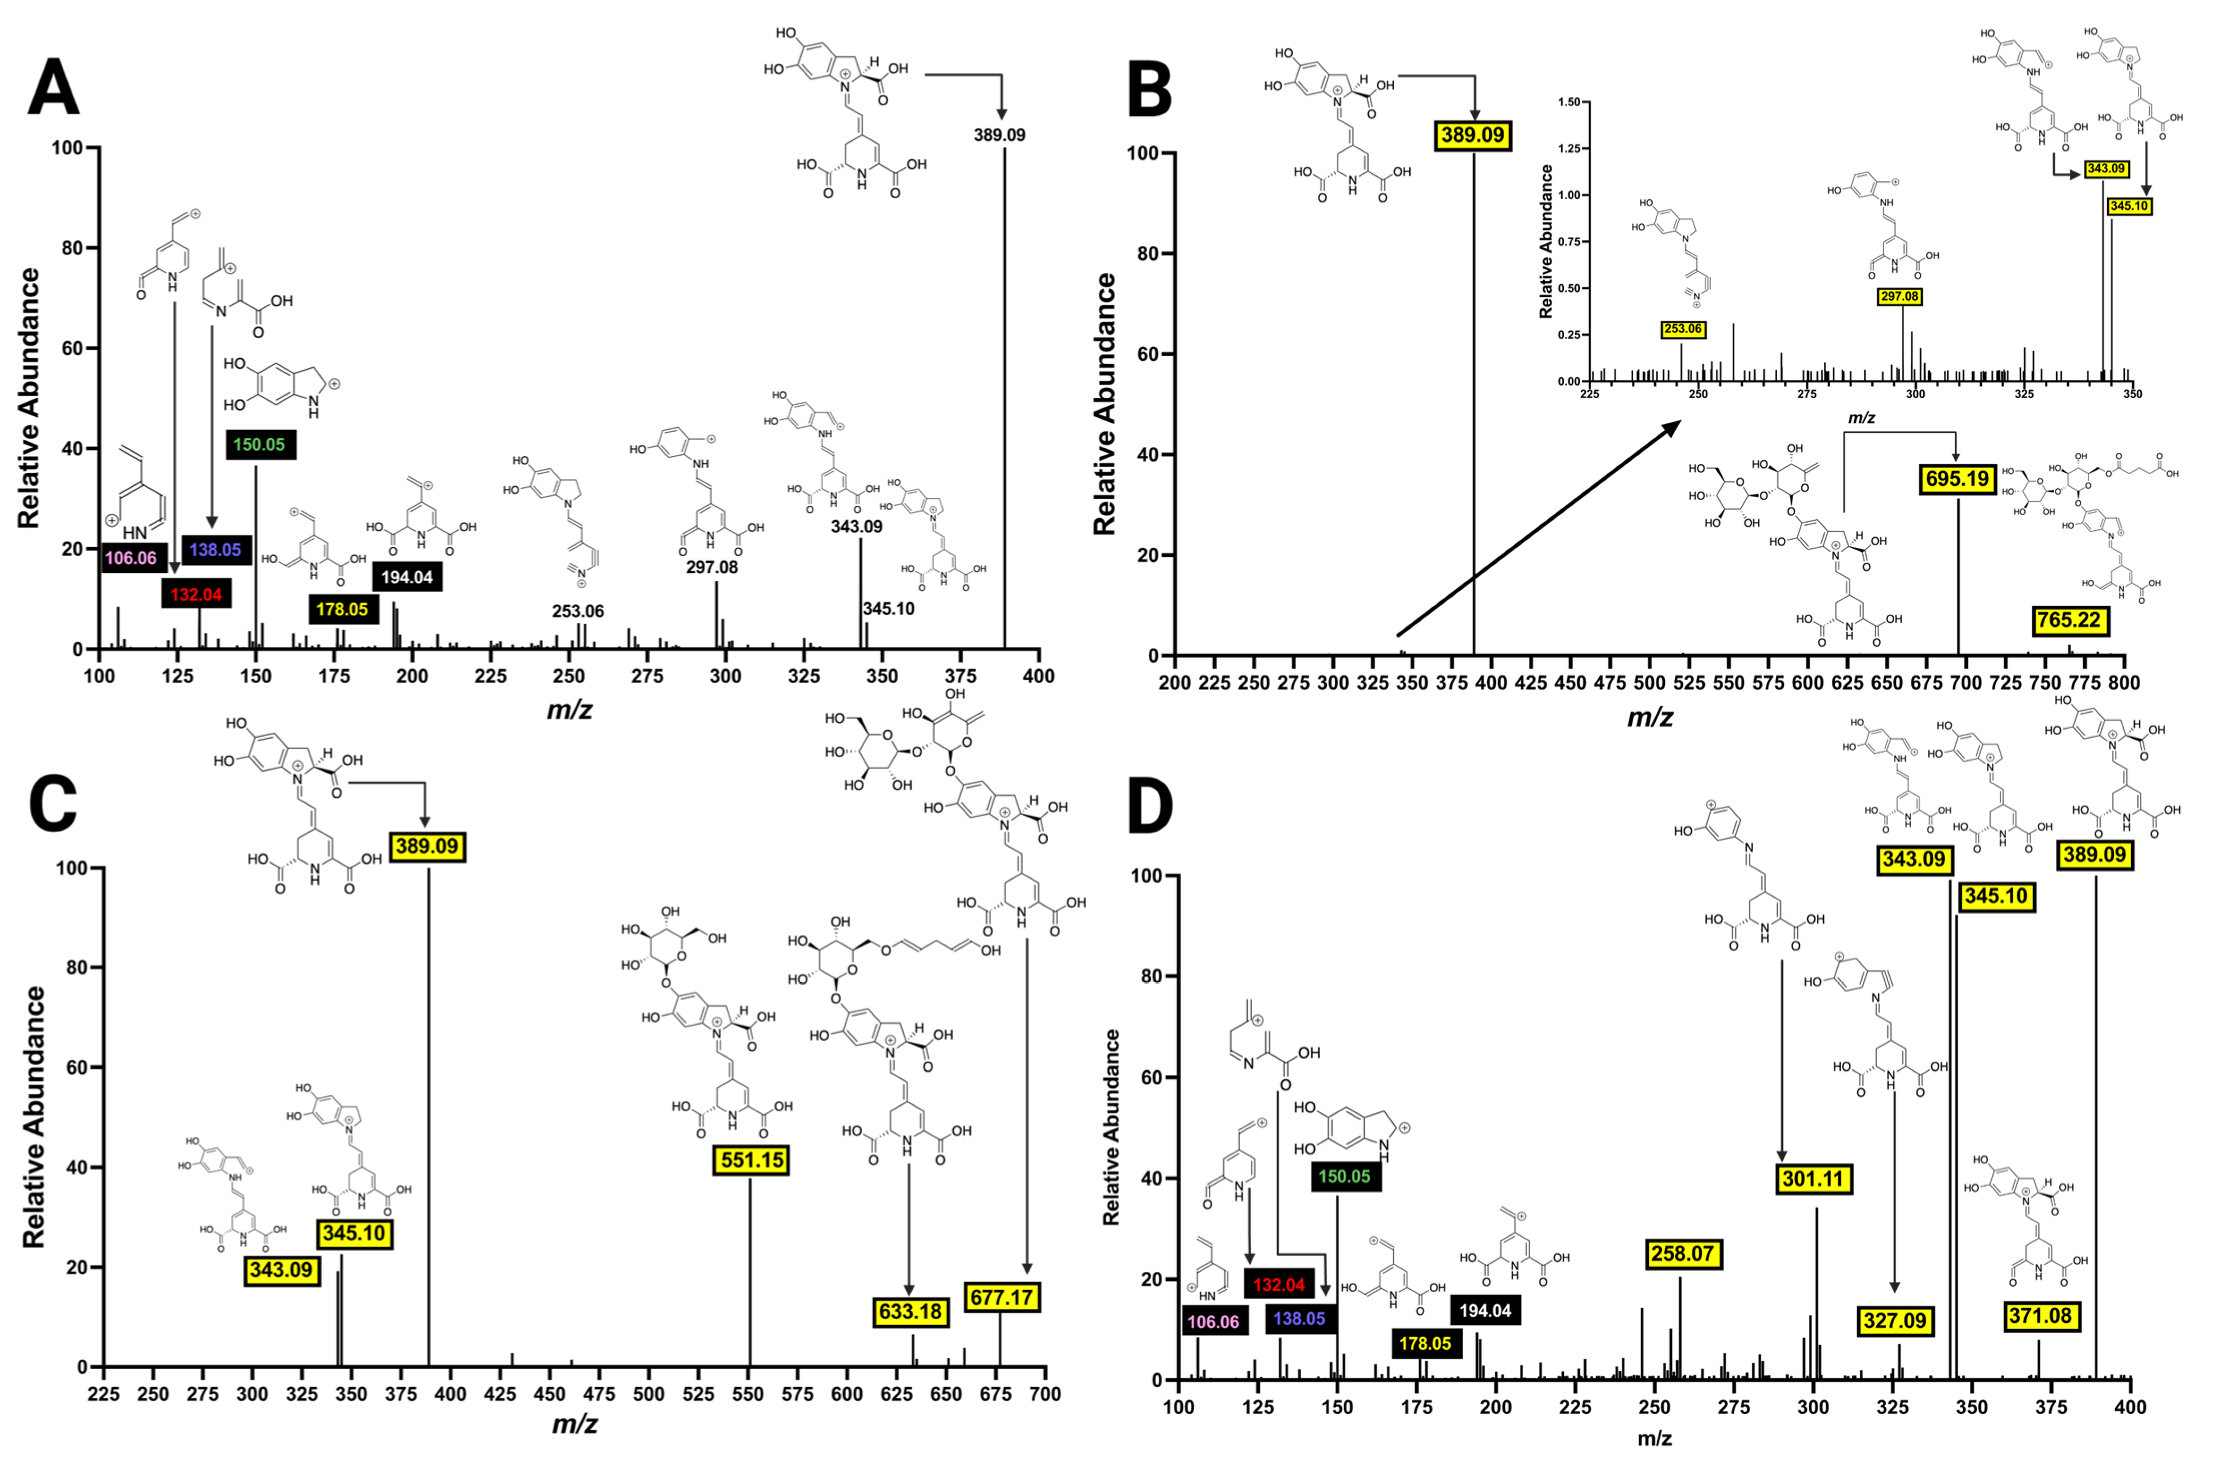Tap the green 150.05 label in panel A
click(x=260, y=445)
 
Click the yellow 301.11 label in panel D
click(x=1813, y=1179)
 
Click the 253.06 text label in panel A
click(x=578, y=612)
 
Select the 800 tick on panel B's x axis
click(x=2125, y=682)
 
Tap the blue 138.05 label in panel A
click(x=215, y=549)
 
